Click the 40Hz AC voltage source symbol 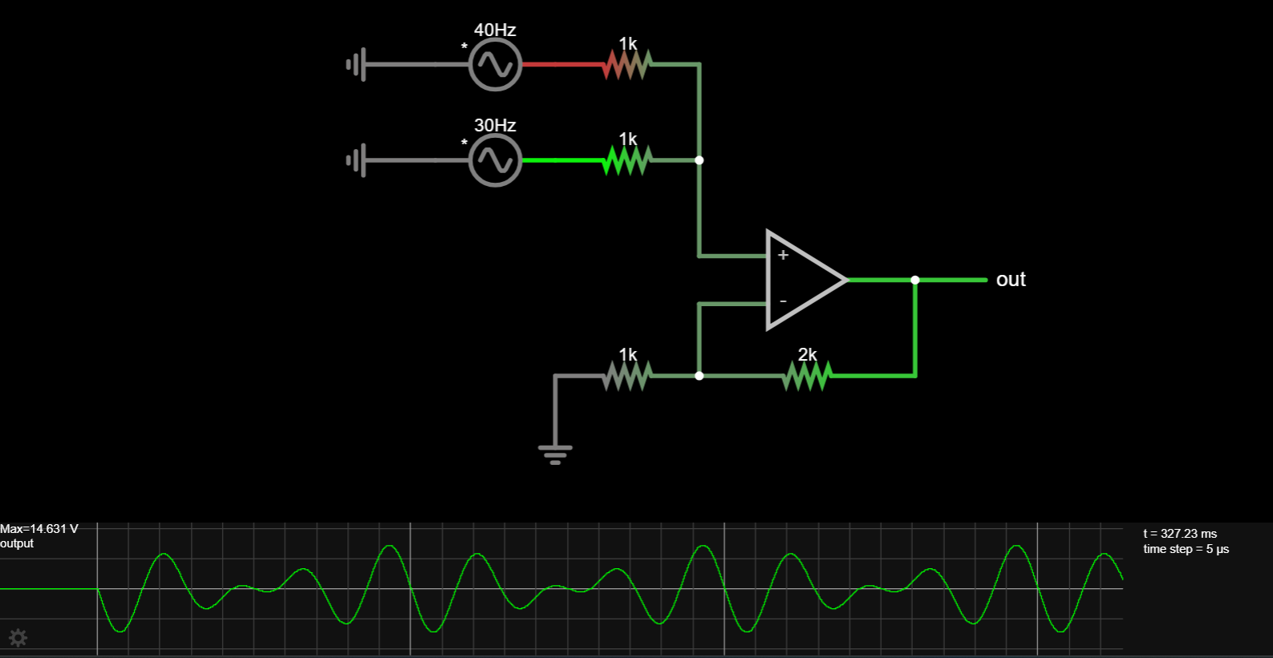(x=495, y=65)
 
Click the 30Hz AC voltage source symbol (x=495, y=160)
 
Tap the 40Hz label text (x=495, y=30)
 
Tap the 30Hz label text (x=495, y=126)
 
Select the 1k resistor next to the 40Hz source (x=627, y=64)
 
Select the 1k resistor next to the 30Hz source (x=627, y=160)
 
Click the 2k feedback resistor (x=807, y=375)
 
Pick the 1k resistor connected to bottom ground (x=627, y=375)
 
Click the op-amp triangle (x=802, y=280)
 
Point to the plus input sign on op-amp (x=783, y=255)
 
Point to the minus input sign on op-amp (x=783, y=301)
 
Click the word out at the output (x=1011, y=280)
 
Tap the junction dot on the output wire (x=915, y=280)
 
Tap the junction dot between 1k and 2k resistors (x=699, y=375)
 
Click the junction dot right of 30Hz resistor (x=699, y=160)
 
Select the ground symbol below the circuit (x=555, y=454)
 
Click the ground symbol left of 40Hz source (x=357, y=64)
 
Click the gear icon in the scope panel (x=18, y=638)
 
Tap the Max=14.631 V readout (x=39, y=529)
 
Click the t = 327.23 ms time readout (x=1180, y=534)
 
